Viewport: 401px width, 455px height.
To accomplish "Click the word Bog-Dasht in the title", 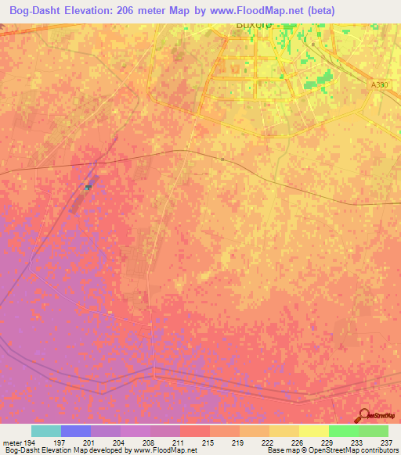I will (x=38, y=10).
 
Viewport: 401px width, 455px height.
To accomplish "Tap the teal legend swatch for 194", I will (x=46, y=431).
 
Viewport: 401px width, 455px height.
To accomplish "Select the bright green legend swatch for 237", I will (x=373, y=431).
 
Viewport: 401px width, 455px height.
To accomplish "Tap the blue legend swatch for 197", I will (x=76, y=431).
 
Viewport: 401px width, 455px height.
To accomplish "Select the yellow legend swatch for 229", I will (x=314, y=431).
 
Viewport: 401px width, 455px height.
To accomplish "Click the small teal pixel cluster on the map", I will (x=88, y=186).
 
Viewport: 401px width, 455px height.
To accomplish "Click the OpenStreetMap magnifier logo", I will (x=363, y=414).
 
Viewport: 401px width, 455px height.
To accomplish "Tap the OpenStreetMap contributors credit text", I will (x=353, y=450).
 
